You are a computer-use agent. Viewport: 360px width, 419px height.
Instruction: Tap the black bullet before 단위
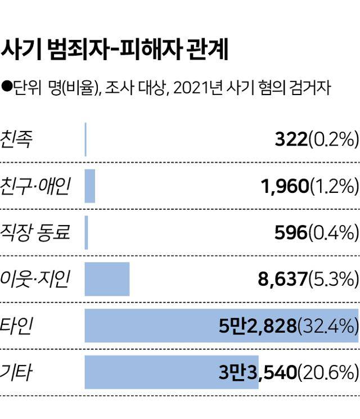(x=7, y=87)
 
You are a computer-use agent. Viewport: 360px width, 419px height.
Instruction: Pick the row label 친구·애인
(x=35, y=186)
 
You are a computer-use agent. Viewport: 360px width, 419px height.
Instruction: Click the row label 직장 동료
(x=35, y=232)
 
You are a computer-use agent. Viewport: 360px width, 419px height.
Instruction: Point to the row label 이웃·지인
(x=35, y=279)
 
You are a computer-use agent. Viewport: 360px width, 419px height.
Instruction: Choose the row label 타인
(x=16, y=326)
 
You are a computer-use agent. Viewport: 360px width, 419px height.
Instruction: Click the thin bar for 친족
(x=85, y=139)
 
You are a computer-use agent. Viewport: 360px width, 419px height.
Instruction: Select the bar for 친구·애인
(x=90, y=186)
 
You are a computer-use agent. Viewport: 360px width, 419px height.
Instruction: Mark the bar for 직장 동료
(x=87, y=233)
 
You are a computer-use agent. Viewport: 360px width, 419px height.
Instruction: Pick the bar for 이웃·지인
(x=107, y=279)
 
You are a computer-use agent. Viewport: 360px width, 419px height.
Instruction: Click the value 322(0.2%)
(x=316, y=139)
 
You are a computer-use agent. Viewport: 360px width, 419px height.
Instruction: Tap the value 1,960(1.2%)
(x=309, y=186)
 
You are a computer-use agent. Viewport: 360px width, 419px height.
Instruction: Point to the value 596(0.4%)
(x=316, y=233)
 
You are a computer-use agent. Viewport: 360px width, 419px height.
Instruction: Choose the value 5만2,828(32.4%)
(x=289, y=326)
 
